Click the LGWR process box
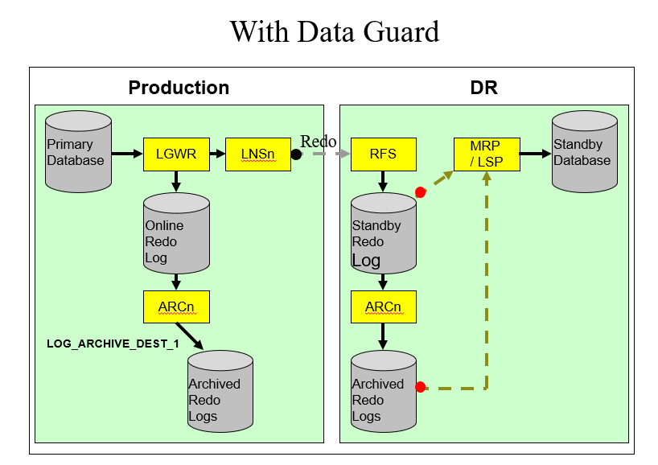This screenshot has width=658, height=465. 176,154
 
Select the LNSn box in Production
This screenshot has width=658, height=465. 258,154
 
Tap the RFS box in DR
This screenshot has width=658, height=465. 383,154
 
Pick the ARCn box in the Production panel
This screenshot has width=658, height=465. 176,307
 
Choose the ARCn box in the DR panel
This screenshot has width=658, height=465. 383,307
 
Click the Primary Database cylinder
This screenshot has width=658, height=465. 78,153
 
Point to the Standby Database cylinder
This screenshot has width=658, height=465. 584,153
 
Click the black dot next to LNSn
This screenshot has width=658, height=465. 296,154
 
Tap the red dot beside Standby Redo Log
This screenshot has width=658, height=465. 420,192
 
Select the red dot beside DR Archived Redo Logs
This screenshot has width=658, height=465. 420,387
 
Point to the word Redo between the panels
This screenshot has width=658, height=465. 318,142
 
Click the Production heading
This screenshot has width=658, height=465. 179,88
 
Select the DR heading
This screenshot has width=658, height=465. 483,88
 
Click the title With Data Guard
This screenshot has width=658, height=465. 334,31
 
